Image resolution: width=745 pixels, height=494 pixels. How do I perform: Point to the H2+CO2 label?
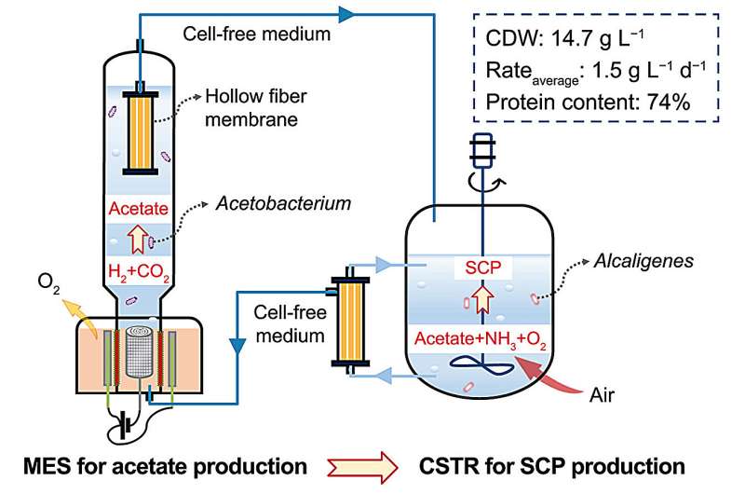tap(139, 271)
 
